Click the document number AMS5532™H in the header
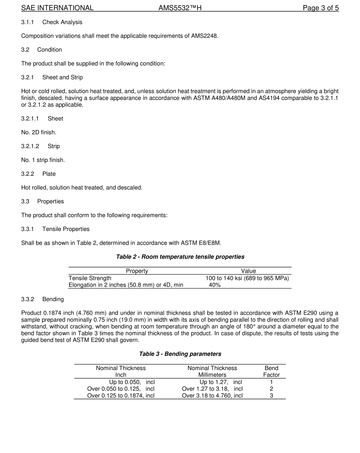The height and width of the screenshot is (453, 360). [180, 8]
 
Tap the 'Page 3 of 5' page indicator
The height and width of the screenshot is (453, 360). [321, 8]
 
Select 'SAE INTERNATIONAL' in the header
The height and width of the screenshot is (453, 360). [57, 8]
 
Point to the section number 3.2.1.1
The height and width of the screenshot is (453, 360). [30, 119]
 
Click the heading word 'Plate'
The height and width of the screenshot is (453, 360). [49, 174]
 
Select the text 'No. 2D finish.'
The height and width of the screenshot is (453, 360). [39, 133]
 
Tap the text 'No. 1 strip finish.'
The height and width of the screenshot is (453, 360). [43, 160]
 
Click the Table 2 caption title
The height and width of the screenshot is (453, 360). [180, 257]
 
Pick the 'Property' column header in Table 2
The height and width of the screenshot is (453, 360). [137, 271]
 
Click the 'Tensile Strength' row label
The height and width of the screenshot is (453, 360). [90, 278]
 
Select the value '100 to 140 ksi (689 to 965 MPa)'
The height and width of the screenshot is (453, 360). [247, 278]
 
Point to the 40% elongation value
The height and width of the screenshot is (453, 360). [214, 285]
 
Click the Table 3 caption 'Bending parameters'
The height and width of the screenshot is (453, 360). [180, 354]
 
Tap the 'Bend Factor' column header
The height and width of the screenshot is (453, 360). [271, 372]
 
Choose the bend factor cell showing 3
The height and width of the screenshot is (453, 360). [271, 396]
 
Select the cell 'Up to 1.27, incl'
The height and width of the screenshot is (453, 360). [221, 382]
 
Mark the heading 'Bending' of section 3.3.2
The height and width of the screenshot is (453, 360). [53, 299]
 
